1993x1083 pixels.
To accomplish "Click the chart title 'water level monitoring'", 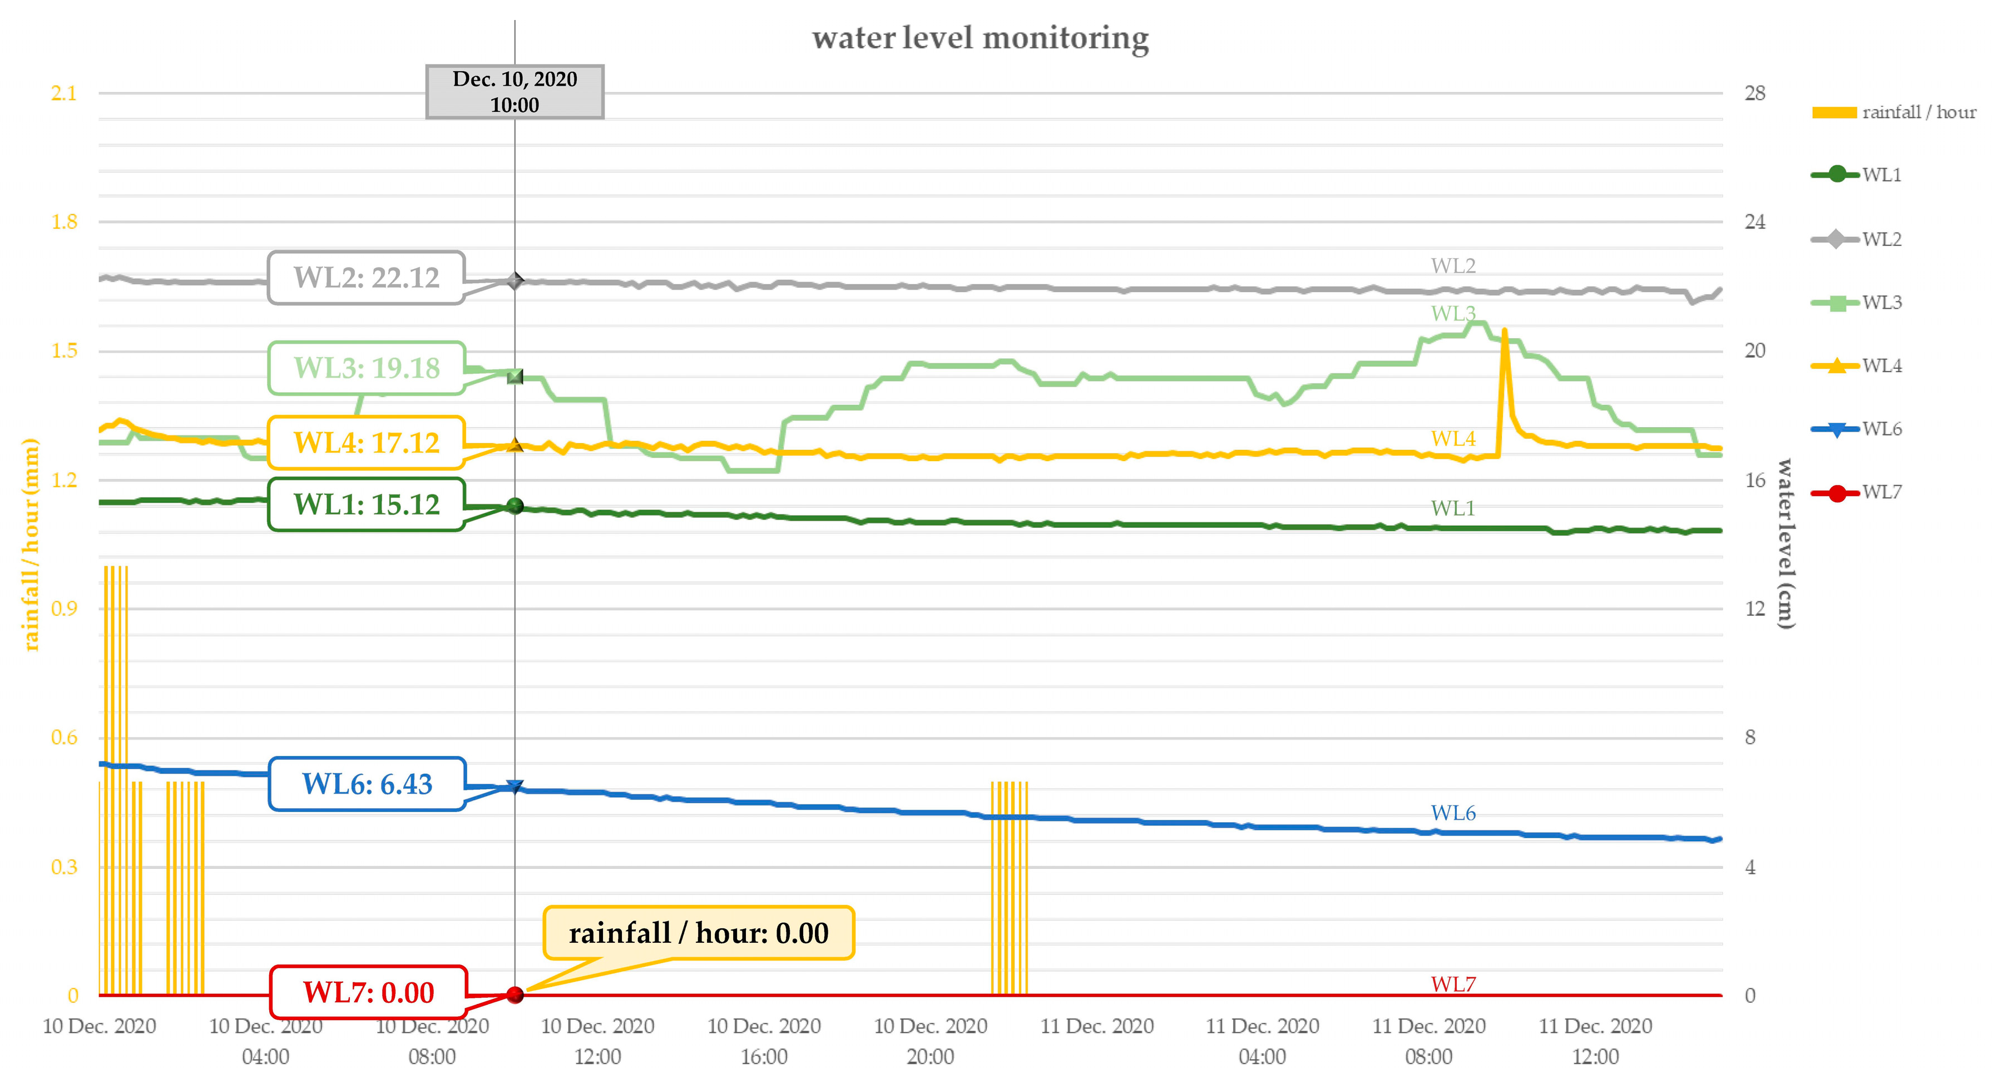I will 980,38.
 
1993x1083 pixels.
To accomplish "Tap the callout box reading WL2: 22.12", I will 366,278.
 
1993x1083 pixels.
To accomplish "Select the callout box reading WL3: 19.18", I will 366,368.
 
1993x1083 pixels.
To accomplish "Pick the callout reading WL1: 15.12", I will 366,505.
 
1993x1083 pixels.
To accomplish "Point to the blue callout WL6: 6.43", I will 366,784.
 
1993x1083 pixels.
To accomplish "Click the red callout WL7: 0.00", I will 368,992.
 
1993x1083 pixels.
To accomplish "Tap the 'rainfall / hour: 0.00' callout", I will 698,933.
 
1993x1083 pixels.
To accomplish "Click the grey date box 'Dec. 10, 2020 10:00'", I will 515,92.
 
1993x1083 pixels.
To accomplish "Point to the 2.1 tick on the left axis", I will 64,93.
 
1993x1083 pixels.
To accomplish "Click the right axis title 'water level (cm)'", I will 1784,544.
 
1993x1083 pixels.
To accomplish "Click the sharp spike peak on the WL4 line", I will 1504,331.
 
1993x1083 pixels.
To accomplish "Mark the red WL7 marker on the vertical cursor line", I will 515,995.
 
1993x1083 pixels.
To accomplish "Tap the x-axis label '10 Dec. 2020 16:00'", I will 764,1041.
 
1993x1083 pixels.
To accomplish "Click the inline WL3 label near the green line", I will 1453,313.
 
